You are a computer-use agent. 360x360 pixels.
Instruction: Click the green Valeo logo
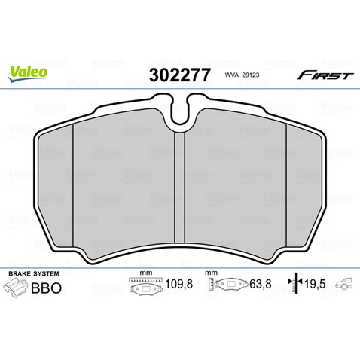pyautogui.click(x=29, y=73)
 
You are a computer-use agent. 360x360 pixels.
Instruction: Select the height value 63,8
pyautogui.click(x=251, y=285)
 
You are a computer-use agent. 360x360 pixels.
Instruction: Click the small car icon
pyautogui.click(x=345, y=285)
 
